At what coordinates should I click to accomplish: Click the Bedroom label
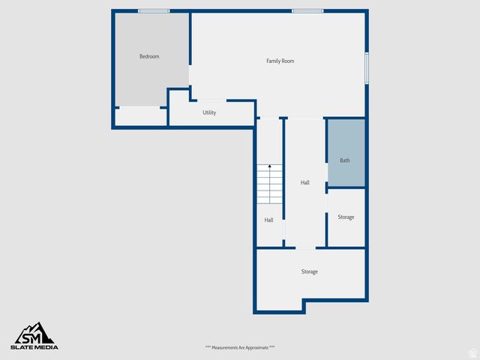tap(149, 56)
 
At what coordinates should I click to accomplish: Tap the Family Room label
tap(280, 61)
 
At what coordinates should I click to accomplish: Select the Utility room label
tap(209, 112)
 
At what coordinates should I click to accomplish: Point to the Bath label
tap(345, 160)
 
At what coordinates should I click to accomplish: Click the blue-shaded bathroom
tap(346, 142)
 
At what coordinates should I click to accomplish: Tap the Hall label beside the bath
tap(305, 182)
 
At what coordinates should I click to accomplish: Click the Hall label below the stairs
tap(268, 220)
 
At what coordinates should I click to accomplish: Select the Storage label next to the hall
tap(346, 217)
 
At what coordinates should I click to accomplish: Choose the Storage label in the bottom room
tap(310, 271)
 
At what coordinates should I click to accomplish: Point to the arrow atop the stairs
tap(270, 166)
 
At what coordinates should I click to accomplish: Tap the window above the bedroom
tap(154, 10)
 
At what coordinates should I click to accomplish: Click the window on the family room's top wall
tap(307, 10)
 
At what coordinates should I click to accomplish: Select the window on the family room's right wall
tap(367, 67)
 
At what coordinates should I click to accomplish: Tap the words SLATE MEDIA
tap(34, 347)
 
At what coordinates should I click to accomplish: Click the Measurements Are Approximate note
tap(240, 347)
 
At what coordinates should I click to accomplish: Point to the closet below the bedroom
tap(140, 116)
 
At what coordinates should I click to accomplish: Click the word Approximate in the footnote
tap(259, 347)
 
